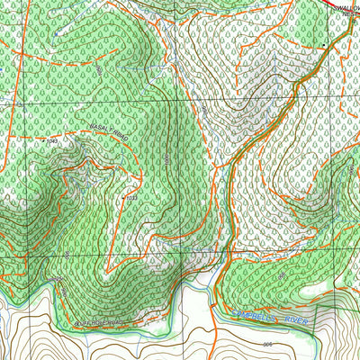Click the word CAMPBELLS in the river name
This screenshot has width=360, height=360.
[256, 315]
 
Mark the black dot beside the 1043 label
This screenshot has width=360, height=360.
[42, 141]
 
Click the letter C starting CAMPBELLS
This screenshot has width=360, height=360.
[237, 312]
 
